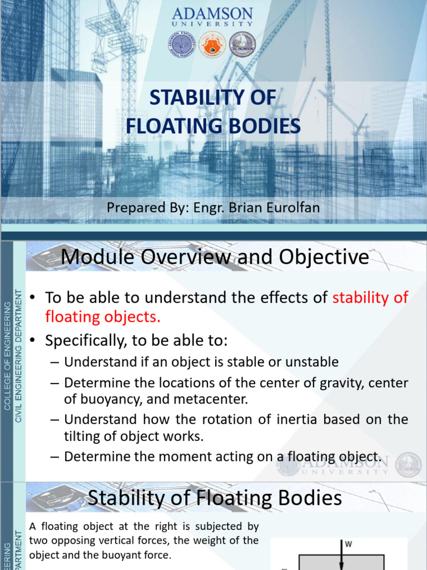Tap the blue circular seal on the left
(181, 45)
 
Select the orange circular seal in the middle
(212, 45)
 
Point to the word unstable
(312, 362)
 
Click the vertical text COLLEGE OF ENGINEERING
(7, 356)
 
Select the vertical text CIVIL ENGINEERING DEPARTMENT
(18, 356)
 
